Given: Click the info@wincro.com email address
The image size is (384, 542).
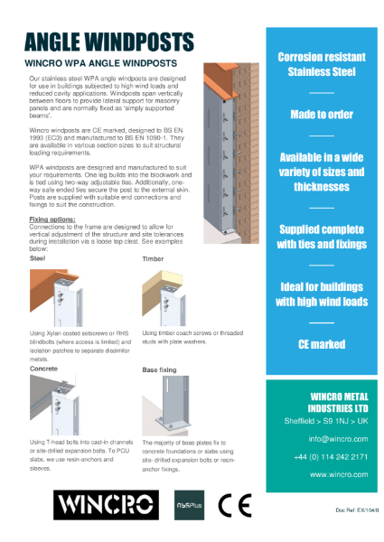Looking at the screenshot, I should click(323, 439).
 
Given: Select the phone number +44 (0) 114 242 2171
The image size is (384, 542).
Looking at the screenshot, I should click(323, 456).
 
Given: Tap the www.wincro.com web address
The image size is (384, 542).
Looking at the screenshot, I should click(323, 473).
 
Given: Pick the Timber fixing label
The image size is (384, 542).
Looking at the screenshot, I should click(154, 258).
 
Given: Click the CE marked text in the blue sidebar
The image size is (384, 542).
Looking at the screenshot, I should click(322, 344).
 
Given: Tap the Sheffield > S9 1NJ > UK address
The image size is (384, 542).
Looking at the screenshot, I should click(323, 420).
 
